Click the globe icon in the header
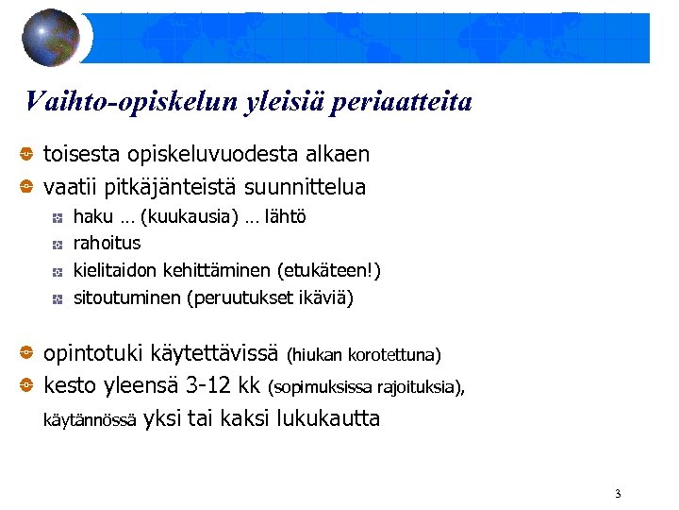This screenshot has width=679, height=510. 51,38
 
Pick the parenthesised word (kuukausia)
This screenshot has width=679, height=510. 190,217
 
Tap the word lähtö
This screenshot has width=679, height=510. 285,217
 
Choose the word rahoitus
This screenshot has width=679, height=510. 107,244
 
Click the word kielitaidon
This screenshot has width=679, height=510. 115,271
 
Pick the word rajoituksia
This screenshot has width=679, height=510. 418,386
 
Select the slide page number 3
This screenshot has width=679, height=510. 617,494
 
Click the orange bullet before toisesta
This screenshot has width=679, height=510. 28,154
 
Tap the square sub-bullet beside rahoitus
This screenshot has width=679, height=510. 58,245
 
